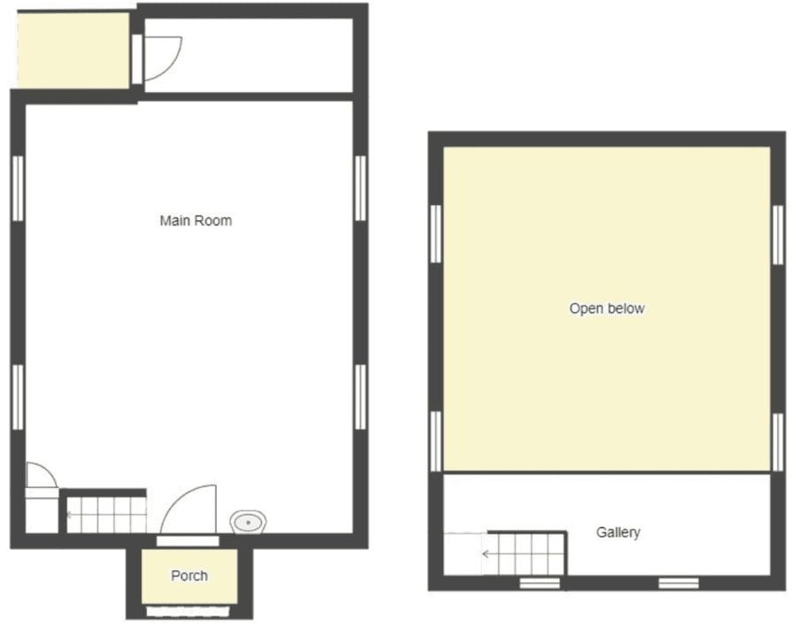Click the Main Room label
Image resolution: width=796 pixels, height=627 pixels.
[x=196, y=221]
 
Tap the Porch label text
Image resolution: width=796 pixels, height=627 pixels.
[x=189, y=576]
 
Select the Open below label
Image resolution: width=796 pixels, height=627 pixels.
[x=607, y=309]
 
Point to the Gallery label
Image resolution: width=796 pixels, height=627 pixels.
[x=618, y=532]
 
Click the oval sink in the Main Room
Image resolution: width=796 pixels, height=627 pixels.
[x=249, y=522]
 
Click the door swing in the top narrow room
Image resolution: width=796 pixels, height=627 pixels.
[x=170, y=64]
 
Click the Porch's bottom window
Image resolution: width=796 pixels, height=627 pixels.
[x=188, y=611]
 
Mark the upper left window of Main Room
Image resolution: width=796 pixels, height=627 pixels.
[x=18, y=188]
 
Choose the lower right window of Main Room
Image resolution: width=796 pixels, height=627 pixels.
[x=361, y=397]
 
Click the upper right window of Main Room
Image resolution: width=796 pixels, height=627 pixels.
[x=361, y=188]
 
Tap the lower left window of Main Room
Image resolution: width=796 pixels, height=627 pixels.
[x=18, y=397]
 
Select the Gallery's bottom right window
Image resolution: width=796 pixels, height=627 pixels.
[x=678, y=584]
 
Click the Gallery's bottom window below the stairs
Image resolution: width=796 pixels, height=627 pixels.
[x=540, y=584]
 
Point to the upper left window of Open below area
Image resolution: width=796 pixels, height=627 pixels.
[x=436, y=234]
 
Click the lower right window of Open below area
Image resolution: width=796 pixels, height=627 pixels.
[x=777, y=442]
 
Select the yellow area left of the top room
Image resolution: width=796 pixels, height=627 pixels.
[x=73, y=50]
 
